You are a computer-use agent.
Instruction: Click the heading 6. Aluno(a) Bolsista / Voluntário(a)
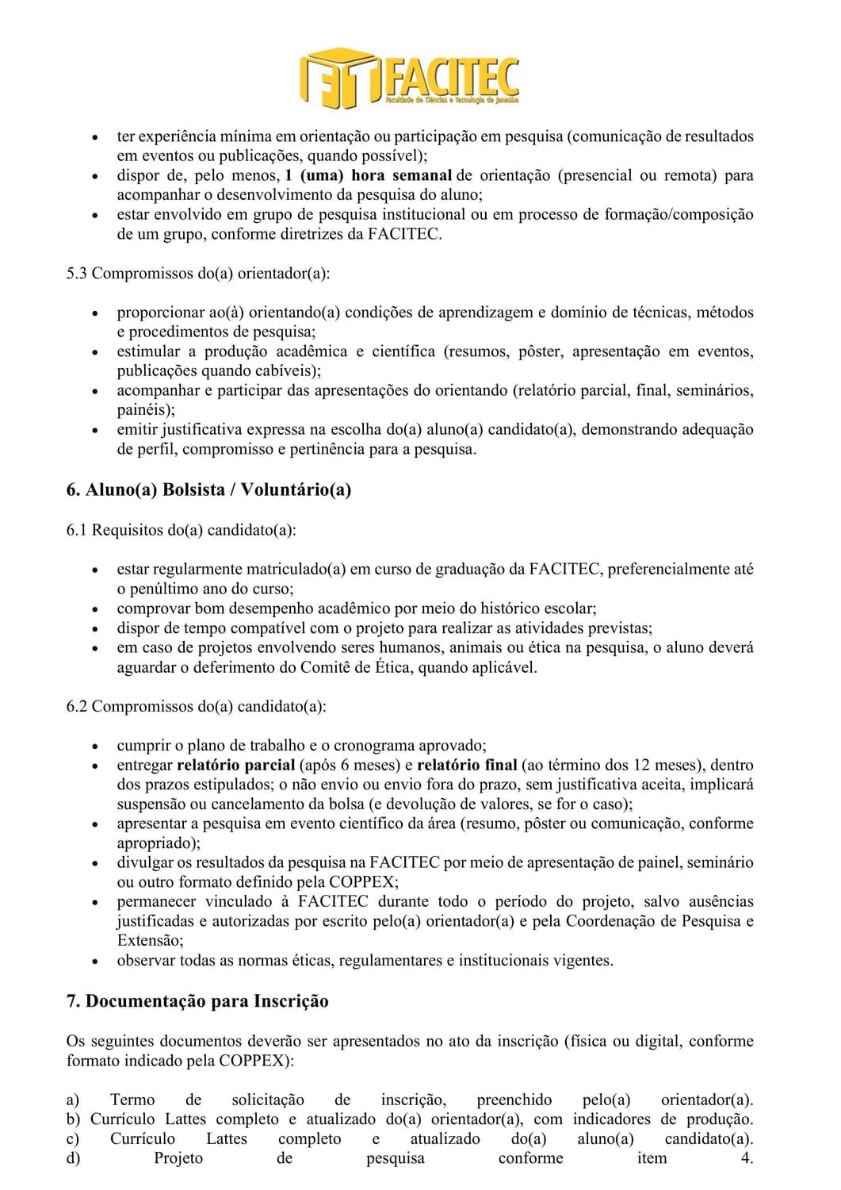(208, 489)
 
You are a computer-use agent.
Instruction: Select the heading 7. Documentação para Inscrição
(197, 1001)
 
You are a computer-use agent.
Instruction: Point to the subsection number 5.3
(77, 274)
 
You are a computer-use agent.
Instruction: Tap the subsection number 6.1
(77, 529)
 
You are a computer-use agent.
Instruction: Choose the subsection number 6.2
(77, 706)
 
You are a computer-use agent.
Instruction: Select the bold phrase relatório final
(467, 766)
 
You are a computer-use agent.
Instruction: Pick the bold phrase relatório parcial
(235, 766)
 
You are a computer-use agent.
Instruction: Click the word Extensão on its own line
(150, 940)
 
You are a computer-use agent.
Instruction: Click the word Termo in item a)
(132, 1100)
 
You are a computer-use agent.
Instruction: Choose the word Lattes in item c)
(226, 1139)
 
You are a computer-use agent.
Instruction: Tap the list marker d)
(73, 1158)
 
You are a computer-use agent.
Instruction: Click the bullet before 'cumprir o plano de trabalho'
(95, 747)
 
